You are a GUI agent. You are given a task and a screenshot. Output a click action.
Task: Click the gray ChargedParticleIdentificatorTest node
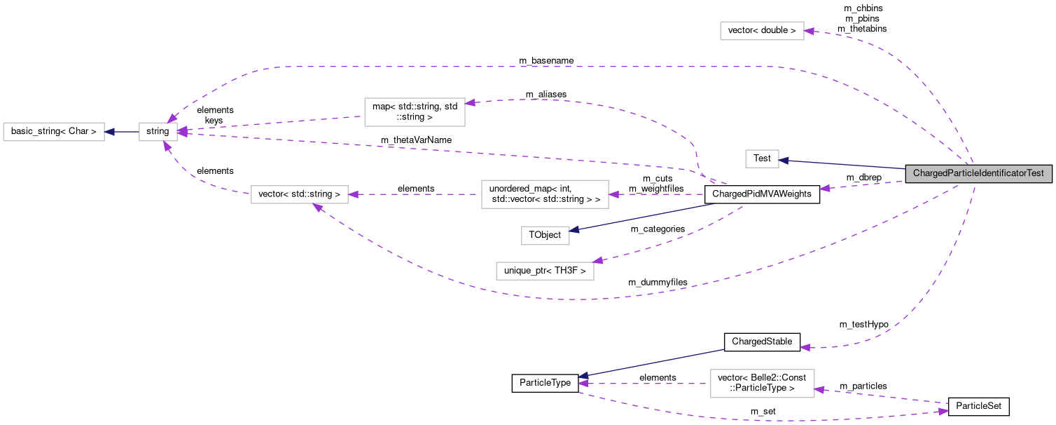tap(978, 173)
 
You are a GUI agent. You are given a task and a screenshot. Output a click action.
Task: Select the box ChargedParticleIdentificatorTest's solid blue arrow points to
tap(762, 159)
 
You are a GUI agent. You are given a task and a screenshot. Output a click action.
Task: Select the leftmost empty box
tap(54, 132)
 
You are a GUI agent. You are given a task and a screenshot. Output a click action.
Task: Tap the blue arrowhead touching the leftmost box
tap(110, 132)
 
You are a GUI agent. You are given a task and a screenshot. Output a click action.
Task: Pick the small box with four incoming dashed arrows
tap(158, 132)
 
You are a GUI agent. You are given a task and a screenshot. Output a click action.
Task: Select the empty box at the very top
tap(762, 31)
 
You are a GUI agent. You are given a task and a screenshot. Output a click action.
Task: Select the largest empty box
tap(545, 194)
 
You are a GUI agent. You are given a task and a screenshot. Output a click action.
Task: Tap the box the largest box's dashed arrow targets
tap(300, 194)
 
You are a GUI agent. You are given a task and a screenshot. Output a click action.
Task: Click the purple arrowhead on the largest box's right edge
tap(614, 194)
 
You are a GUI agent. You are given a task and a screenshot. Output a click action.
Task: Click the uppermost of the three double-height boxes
tap(415, 112)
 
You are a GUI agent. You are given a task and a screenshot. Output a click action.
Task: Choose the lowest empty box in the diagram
tap(763, 384)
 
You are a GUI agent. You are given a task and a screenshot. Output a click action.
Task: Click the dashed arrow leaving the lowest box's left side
tap(644, 384)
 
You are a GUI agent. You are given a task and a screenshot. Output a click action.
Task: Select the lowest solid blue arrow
tap(651, 363)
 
